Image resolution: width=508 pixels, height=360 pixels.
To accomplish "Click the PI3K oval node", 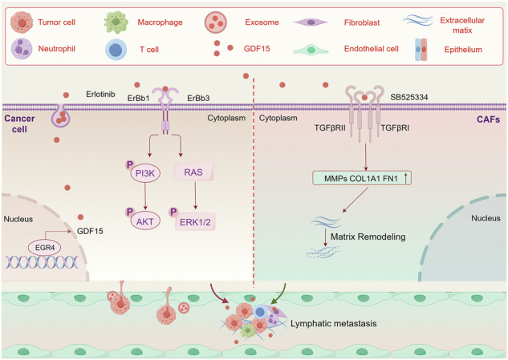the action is pos(145,173).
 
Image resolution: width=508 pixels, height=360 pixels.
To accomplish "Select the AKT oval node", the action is pos(144,221).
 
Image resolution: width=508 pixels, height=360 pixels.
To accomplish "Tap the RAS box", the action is pos(193,172).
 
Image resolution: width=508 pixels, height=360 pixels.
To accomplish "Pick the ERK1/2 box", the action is pos(195,222).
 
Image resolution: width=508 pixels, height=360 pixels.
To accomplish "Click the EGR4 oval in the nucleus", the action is pos(45,248).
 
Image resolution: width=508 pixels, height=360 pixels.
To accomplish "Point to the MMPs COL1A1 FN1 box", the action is pos(362,178).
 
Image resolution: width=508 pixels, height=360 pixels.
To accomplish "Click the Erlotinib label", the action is pos(100,94).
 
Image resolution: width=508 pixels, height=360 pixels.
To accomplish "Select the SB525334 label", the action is pos(408,97).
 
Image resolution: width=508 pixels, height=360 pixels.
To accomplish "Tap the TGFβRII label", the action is pos(330,127).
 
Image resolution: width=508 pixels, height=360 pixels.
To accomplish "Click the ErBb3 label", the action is pos(198,98).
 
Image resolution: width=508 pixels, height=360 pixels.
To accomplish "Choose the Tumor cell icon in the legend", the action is pos(22,22).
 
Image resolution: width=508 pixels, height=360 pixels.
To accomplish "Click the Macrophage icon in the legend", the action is pos(116,22).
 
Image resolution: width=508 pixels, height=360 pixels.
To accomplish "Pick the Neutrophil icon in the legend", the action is pos(22,49).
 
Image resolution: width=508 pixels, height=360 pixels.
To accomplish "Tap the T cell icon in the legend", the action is pos(116,50).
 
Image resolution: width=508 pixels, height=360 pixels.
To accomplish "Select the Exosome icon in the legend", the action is pos(215,22).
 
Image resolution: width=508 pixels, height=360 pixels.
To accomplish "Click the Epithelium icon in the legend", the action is pos(421,50).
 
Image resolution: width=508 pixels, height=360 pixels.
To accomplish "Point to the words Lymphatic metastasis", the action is pos(333,323).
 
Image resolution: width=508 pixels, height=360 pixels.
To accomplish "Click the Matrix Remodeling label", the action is pos(368,237).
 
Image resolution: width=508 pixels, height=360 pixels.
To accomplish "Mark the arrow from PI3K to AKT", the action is pos(145,196).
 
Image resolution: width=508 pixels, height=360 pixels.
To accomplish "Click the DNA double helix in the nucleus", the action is pos(42,262).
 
